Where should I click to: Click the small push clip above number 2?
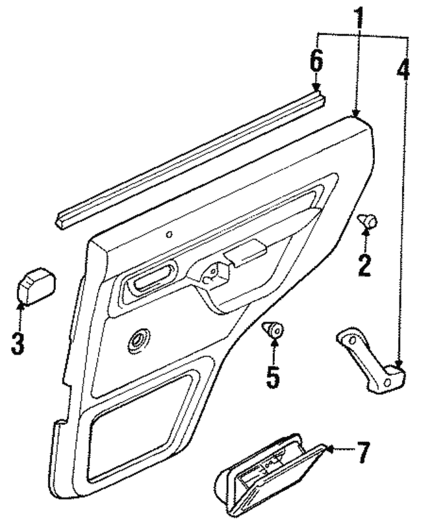[x=366, y=222]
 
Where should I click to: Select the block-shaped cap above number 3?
[x=35, y=286]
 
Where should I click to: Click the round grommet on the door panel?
[x=139, y=341]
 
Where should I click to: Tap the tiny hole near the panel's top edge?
[x=170, y=234]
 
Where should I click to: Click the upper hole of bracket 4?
[x=352, y=340]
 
